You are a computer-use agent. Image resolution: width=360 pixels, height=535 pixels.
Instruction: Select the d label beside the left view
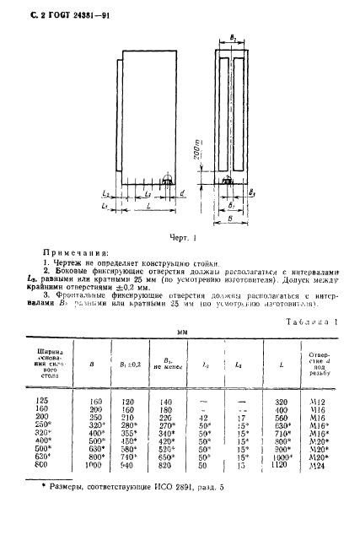click(x=183, y=197)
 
